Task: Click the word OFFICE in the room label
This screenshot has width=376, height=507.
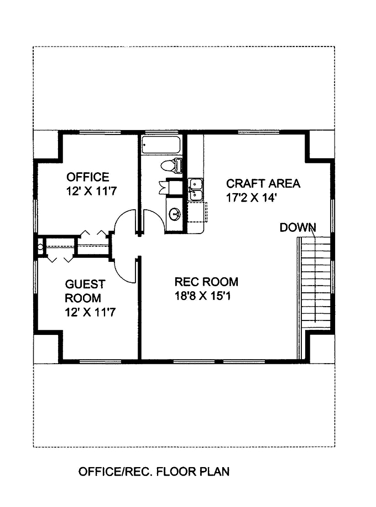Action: pos(88,177)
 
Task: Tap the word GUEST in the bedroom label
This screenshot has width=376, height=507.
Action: pos(85,284)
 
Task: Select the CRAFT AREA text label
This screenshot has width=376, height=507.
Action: pos(263,184)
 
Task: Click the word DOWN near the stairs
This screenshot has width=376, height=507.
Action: pos(297,227)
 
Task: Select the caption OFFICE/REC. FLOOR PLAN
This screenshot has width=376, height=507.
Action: pos(154,472)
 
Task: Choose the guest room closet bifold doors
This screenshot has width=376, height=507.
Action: pos(59,258)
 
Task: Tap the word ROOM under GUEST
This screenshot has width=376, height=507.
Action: pos(82,298)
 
